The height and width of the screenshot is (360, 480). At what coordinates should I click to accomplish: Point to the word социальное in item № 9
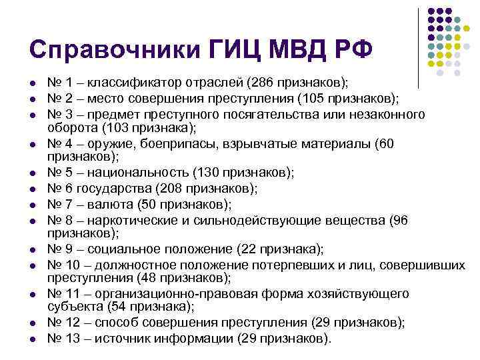pos(123,249)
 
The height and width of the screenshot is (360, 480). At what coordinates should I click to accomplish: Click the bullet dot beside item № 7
pos(32,204)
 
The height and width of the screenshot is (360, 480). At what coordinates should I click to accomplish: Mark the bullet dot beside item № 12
pos(32,323)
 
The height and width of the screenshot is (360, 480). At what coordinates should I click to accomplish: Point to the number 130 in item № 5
pos(206,173)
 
